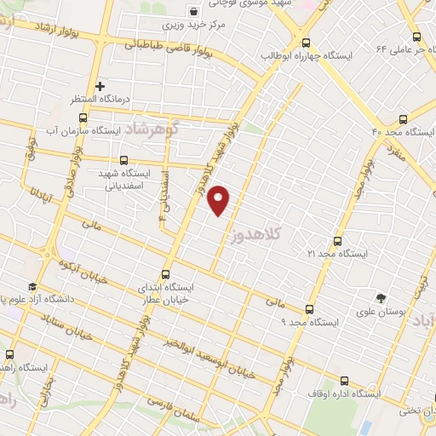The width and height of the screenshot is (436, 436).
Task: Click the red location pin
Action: [220, 200]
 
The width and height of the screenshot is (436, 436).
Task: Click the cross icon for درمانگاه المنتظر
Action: [100, 86]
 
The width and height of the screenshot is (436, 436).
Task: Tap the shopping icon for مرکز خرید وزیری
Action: [194, 12]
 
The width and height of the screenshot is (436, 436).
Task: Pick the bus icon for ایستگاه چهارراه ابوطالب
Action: [306, 43]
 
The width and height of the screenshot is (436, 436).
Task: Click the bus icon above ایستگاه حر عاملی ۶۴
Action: [416, 37]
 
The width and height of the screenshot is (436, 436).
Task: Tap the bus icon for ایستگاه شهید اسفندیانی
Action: [125, 159]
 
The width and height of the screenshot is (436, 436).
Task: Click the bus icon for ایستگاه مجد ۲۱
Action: [337, 241]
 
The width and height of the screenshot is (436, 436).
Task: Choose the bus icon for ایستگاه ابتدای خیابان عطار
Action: [165, 275]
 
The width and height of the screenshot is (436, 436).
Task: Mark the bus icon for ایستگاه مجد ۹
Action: [308, 310]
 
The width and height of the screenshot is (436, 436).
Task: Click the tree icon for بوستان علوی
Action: [381, 297]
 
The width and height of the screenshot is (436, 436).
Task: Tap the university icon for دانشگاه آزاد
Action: [32, 286]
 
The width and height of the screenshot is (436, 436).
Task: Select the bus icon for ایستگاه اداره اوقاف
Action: [344, 381]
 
